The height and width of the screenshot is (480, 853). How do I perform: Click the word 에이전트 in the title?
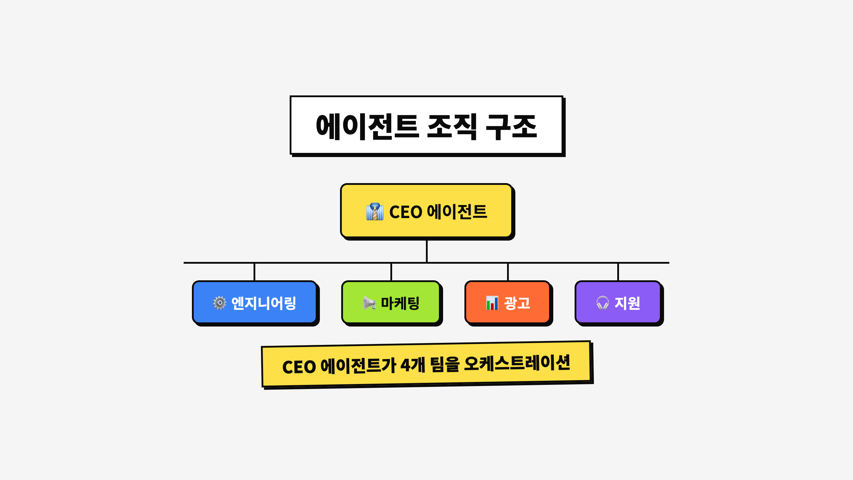pyautogui.click(x=368, y=127)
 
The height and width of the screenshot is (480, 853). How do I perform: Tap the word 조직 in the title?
pyautogui.click(x=452, y=127)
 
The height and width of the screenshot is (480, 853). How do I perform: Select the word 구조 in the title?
pyautogui.click(x=511, y=127)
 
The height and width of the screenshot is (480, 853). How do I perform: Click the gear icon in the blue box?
pyautogui.click(x=219, y=303)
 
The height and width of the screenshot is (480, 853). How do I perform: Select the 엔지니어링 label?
pyautogui.click(x=264, y=303)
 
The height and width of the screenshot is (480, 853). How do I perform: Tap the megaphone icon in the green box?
pyautogui.click(x=369, y=303)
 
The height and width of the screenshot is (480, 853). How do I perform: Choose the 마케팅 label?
pyautogui.click(x=400, y=303)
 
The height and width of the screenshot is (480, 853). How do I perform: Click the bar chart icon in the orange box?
pyautogui.click(x=492, y=303)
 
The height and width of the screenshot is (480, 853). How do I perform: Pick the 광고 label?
pyautogui.click(x=517, y=303)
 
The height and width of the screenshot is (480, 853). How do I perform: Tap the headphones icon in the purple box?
pyautogui.click(x=602, y=303)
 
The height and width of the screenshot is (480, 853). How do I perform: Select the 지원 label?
pyautogui.click(x=627, y=303)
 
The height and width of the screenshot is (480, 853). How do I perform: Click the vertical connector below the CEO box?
pyautogui.click(x=426, y=251)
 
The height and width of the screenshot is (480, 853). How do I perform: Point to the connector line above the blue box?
pyautogui.click(x=254, y=272)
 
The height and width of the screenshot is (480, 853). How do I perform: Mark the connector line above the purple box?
pyautogui.click(x=618, y=272)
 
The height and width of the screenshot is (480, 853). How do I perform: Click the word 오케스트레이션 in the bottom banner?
pyautogui.click(x=517, y=363)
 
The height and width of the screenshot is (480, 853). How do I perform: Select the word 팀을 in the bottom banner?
pyautogui.click(x=445, y=364)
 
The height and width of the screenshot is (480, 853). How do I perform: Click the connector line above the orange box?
pyautogui.click(x=508, y=272)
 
